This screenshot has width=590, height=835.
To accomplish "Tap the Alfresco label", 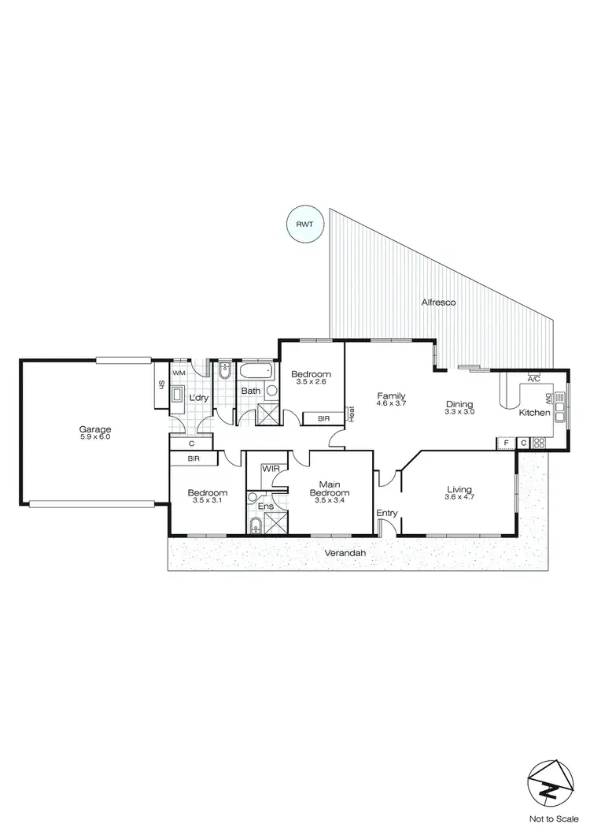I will pyautogui.click(x=438, y=302).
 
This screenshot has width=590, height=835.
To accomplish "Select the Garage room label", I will pyautogui.click(x=95, y=429).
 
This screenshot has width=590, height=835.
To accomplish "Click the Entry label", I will pyautogui.click(x=386, y=514).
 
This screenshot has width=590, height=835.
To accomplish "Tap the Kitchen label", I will pyautogui.click(x=534, y=412).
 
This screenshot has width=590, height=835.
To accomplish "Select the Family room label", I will pyautogui.click(x=391, y=395).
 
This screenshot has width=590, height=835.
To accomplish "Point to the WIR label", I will pyautogui.click(x=271, y=469).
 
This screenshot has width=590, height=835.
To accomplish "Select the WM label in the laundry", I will pyautogui.click(x=179, y=372).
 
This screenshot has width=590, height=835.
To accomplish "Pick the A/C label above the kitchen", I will pyautogui.click(x=533, y=378).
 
